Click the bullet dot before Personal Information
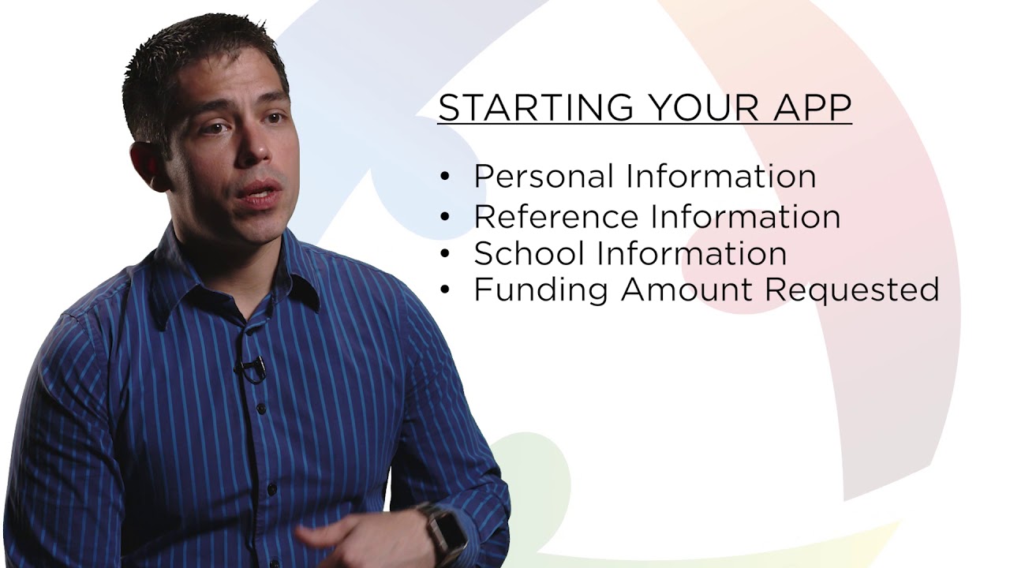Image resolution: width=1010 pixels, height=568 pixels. pyautogui.click(x=445, y=177)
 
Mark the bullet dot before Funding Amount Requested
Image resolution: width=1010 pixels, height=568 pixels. pyautogui.click(x=445, y=290)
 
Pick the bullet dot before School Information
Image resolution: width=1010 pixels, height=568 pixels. pyautogui.click(x=445, y=254)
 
